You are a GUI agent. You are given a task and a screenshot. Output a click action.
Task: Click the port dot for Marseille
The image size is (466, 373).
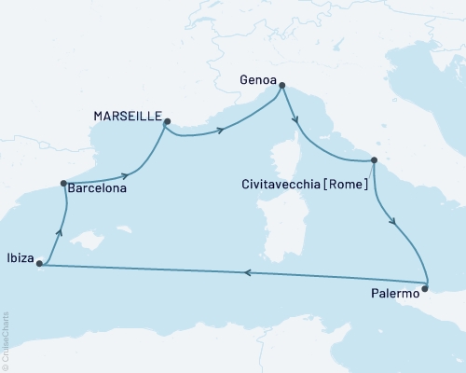coord(167,121)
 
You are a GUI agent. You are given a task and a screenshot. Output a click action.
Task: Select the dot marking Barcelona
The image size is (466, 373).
coord(62,184)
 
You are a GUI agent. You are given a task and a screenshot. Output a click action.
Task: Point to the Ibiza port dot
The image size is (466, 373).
coord(39,264)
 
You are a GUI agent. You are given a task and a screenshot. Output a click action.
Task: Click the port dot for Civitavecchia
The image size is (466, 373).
coord(374,160)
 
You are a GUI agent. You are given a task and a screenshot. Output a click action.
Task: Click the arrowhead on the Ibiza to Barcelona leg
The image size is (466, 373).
coord(61,233)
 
